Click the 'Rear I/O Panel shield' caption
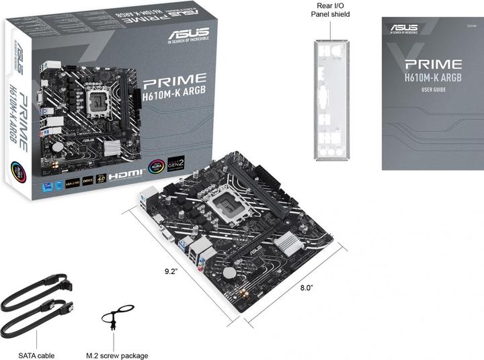pyautogui.click(x=334, y=9)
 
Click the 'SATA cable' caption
pyautogui.click(x=38, y=355)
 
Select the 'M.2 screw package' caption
pyautogui.click(x=117, y=355)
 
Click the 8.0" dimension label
pyautogui.click(x=306, y=287)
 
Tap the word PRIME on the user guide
pyautogui.click(x=433, y=64)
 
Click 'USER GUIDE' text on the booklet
pyautogui.click(x=433, y=90)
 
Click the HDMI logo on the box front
pyautogui.click(x=126, y=173)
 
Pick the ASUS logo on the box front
pyautogui.click(x=189, y=34)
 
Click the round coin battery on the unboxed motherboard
pyautogui.click(x=230, y=273)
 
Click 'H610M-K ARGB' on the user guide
pyautogui.click(x=433, y=78)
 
